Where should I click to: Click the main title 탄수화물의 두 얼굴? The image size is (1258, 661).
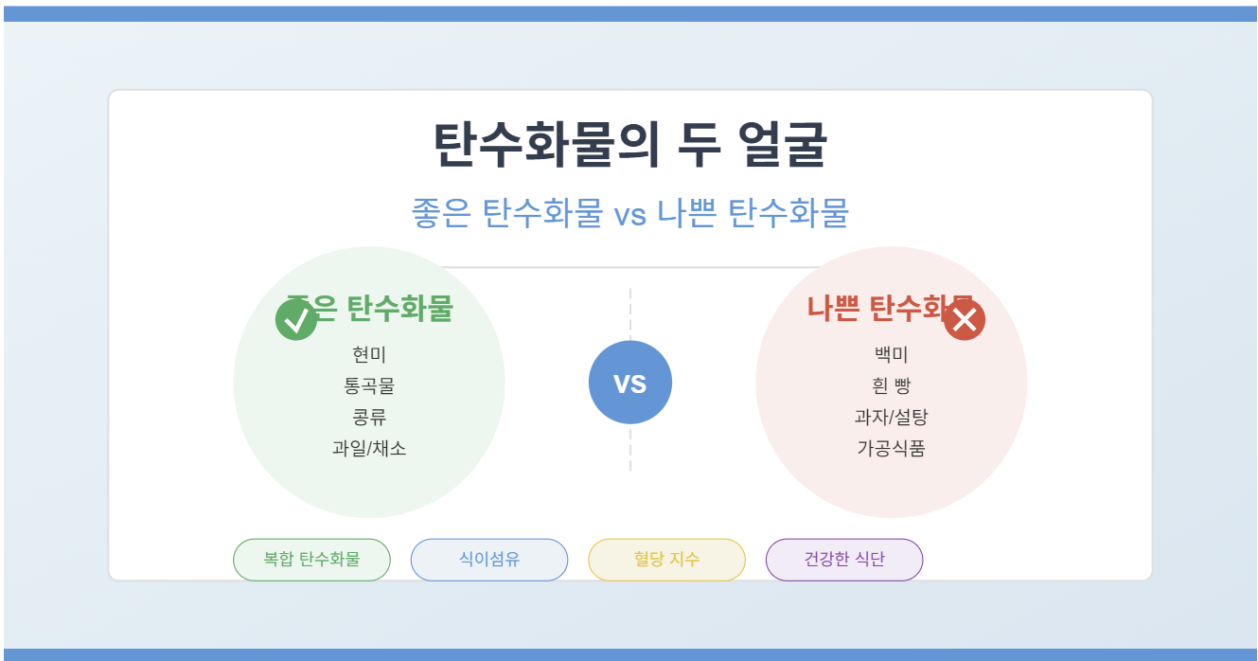(x=629, y=145)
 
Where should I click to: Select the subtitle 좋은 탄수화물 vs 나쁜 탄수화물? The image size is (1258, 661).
(x=629, y=213)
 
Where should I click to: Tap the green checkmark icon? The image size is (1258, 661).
(x=296, y=320)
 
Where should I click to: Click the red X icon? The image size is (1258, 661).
(x=965, y=320)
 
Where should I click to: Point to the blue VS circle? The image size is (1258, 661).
(x=629, y=383)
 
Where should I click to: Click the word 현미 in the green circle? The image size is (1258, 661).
(x=369, y=355)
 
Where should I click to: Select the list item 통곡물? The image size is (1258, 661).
(x=369, y=386)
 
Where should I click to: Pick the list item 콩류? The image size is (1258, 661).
(x=369, y=418)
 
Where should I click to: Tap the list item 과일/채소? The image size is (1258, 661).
(x=369, y=449)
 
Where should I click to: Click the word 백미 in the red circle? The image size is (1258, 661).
(x=891, y=355)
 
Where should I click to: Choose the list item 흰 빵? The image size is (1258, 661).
(x=891, y=386)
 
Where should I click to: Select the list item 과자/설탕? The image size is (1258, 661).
(x=891, y=418)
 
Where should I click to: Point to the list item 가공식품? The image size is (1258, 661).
(x=891, y=449)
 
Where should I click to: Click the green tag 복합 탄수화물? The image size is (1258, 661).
(x=311, y=559)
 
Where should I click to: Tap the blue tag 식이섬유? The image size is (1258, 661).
(x=489, y=559)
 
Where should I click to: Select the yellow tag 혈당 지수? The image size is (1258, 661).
(x=666, y=559)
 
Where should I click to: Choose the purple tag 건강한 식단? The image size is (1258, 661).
(x=844, y=559)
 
